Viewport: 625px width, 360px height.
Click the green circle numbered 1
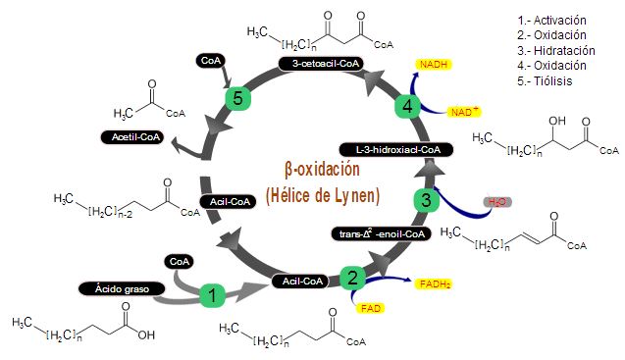[x=213, y=293]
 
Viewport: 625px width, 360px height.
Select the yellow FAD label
[x=371, y=308]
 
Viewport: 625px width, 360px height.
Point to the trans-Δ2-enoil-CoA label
[x=380, y=233]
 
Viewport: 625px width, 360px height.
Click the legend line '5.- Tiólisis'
[x=544, y=80]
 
